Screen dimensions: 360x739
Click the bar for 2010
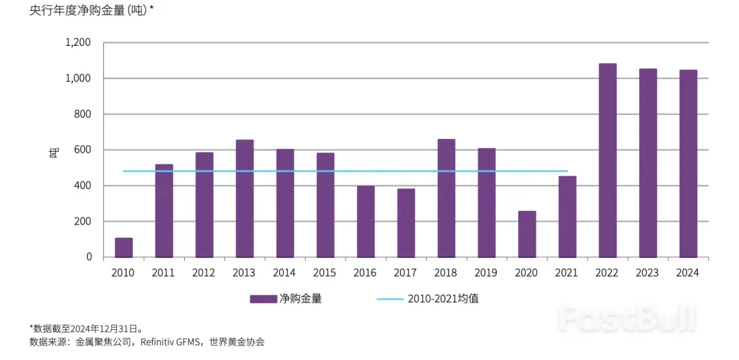point(124,247)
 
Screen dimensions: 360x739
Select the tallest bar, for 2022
point(608,160)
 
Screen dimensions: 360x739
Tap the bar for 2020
point(527,234)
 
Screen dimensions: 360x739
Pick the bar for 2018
point(446,198)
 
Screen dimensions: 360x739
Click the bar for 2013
point(245,198)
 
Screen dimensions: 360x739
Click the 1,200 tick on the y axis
point(77,42)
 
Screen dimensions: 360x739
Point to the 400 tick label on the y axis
point(83,185)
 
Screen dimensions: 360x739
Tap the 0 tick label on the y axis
point(89,257)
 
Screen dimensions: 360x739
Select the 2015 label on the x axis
point(325,272)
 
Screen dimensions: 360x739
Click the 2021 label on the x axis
point(567,272)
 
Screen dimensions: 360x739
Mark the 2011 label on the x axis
point(164,272)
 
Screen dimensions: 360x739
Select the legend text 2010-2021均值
point(448,298)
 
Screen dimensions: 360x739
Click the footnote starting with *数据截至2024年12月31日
point(86,329)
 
